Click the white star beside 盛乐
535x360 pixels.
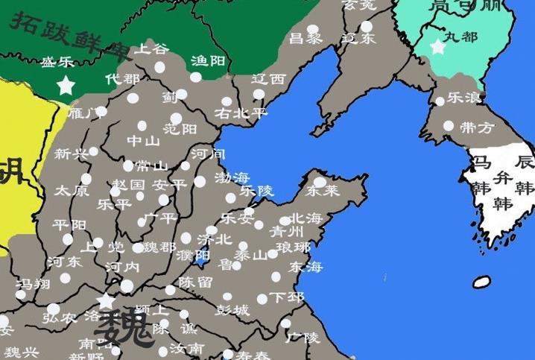click(x=66, y=85)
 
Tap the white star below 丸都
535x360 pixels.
click(x=437, y=47)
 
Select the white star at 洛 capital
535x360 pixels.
click(x=107, y=301)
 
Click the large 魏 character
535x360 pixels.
click(x=124, y=328)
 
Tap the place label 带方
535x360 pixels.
click(x=478, y=128)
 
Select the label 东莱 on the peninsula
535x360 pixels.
click(x=322, y=192)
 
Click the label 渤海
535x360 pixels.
click(x=232, y=178)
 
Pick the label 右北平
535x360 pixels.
click(x=240, y=113)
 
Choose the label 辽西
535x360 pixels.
click(x=268, y=79)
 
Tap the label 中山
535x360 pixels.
click(x=143, y=141)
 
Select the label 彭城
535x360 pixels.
click(x=232, y=309)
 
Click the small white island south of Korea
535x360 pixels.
click(x=482, y=282)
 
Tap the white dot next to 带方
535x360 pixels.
click(x=449, y=126)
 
